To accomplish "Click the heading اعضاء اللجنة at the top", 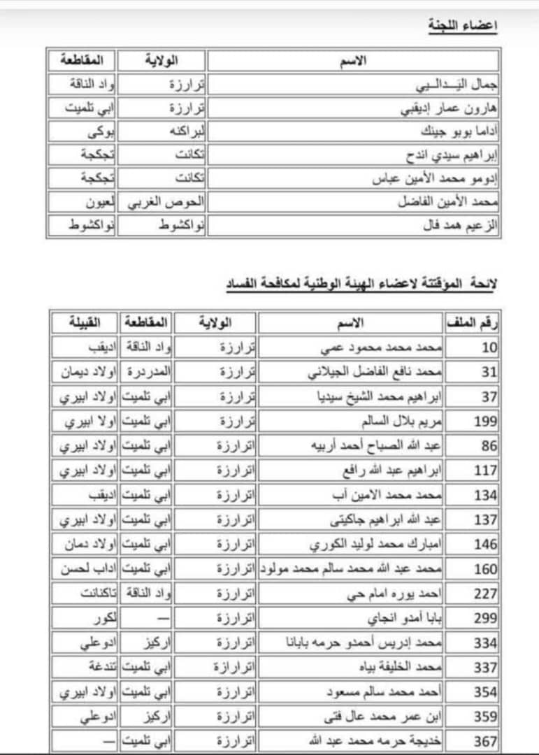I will click(462, 26).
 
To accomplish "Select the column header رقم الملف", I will click(473, 323).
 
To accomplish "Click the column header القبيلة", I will click(84, 323).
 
